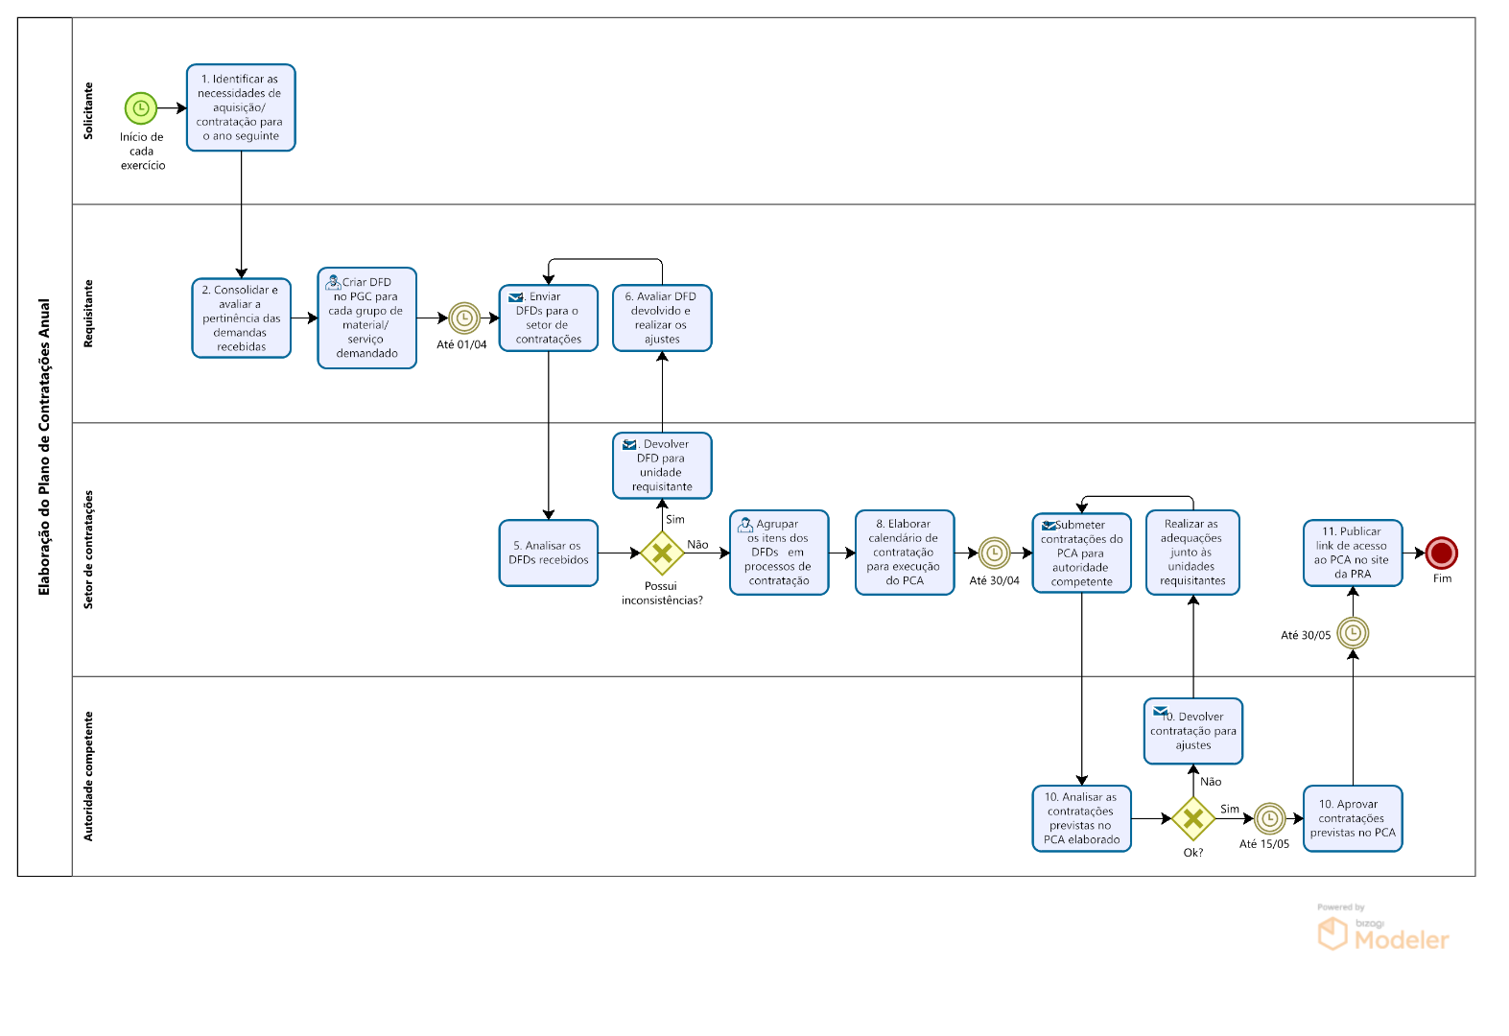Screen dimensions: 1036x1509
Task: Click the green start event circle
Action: [140, 108]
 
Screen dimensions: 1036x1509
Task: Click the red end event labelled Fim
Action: [1441, 553]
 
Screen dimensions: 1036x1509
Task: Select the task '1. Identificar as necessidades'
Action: [241, 107]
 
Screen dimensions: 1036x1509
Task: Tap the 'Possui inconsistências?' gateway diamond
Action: [662, 553]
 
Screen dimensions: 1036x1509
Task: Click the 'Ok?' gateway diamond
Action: [1192, 818]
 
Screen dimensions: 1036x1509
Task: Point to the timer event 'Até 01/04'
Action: [464, 318]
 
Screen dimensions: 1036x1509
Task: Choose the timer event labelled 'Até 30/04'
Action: [994, 553]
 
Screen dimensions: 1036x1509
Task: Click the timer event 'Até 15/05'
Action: [1269, 818]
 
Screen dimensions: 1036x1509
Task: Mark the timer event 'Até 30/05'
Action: [1353, 633]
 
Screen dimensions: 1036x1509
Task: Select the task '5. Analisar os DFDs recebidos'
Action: [549, 553]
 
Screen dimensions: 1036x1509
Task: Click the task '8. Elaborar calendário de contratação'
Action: [905, 553]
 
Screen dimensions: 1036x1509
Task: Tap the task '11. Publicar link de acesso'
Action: [1353, 553]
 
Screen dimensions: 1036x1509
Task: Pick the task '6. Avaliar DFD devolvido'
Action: [662, 318]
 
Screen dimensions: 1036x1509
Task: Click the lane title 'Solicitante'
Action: [88, 110]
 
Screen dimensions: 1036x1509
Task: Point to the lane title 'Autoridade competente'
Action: [88, 776]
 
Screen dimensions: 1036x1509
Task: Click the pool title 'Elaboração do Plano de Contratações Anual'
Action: [44, 447]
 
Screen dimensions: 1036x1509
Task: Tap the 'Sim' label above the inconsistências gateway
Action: [675, 519]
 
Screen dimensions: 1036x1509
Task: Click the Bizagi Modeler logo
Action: [1383, 932]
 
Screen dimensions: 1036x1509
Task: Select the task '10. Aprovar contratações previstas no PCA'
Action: [1353, 818]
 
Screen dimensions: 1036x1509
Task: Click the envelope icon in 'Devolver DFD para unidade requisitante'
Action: [629, 444]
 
